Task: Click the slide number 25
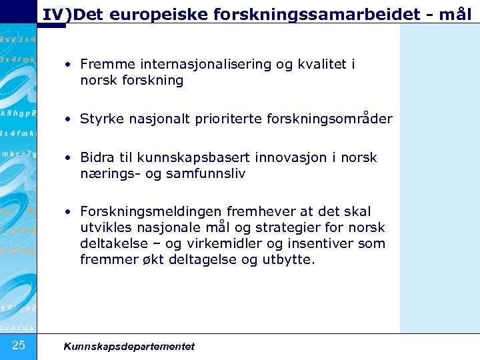tap(19, 345)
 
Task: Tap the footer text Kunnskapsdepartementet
tap(129, 346)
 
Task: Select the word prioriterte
tap(231, 119)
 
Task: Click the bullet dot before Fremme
tap(69, 65)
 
